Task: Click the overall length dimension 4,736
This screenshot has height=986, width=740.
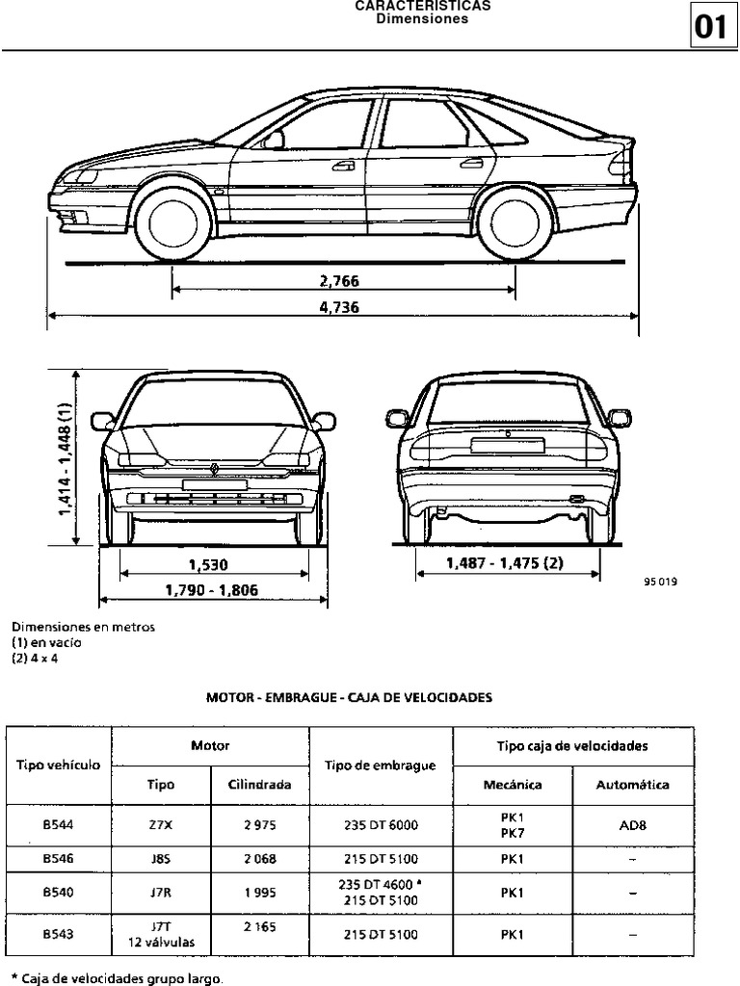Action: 345,307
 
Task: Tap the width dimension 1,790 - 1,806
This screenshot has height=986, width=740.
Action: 211,590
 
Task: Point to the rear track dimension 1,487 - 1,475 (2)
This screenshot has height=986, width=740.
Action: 504,563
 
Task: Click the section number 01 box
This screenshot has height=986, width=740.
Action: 711,27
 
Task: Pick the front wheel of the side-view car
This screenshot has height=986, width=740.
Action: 173,222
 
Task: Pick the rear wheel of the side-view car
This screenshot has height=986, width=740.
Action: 515,222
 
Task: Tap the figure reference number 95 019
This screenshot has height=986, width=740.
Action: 660,582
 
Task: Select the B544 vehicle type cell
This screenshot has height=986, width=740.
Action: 59,824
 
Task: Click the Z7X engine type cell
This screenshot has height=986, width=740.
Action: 161,824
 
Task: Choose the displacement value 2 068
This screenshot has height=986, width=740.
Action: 259,858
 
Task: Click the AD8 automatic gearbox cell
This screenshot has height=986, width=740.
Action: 632,824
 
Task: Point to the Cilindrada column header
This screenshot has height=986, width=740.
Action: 259,785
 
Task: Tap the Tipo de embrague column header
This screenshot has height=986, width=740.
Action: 381,765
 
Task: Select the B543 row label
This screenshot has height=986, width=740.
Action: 59,933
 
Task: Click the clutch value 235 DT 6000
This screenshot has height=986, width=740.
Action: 381,824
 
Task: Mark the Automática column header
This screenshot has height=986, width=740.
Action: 632,785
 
